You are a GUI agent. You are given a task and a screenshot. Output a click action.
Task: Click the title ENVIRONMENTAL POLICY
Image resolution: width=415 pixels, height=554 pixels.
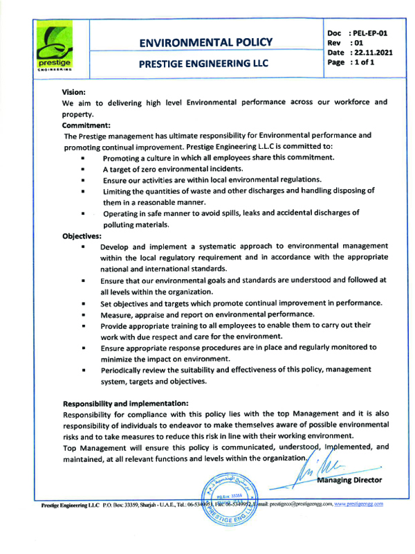click(x=207, y=42)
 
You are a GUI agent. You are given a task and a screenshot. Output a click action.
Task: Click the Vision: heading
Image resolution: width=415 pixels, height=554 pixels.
click(x=74, y=91)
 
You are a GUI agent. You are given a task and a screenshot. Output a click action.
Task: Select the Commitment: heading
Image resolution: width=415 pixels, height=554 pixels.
click(x=86, y=125)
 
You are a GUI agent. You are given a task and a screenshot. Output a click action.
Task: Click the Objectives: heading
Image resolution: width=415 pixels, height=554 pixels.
click(x=82, y=235)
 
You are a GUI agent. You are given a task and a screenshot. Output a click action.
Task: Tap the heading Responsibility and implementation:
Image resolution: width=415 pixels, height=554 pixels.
click(x=126, y=403)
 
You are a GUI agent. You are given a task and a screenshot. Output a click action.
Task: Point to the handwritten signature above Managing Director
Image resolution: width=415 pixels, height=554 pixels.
click(x=320, y=466)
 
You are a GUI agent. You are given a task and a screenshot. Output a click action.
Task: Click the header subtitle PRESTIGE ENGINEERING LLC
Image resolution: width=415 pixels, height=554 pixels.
click(x=207, y=63)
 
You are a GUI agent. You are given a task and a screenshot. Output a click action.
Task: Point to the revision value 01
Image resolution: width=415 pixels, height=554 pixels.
click(x=358, y=42)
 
